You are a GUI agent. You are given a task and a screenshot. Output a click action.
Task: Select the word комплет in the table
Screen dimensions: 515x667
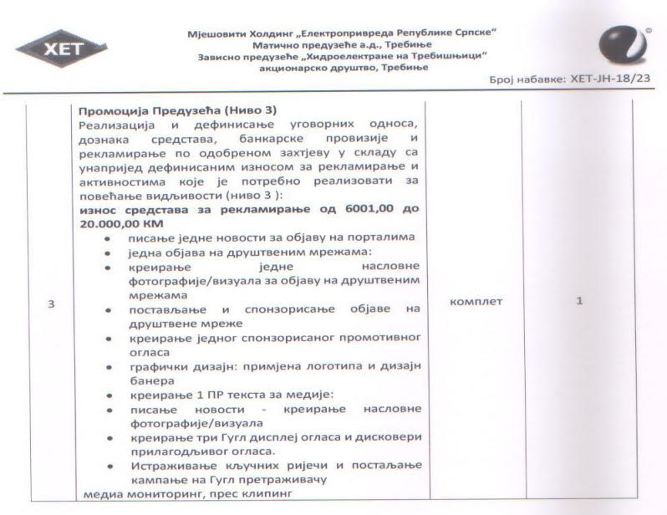pyautogui.click(x=476, y=301)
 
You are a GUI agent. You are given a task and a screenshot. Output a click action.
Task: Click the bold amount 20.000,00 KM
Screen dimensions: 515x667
pyautogui.click(x=120, y=224)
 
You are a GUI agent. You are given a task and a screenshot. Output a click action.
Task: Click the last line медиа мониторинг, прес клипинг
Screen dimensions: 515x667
pyautogui.click(x=158, y=494)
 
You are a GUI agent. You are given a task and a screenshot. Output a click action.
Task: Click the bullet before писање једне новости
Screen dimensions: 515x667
pyautogui.click(x=109, y=238)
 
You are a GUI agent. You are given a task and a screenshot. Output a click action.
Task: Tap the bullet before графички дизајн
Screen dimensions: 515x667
pyautogui.click(x=109, y=367)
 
